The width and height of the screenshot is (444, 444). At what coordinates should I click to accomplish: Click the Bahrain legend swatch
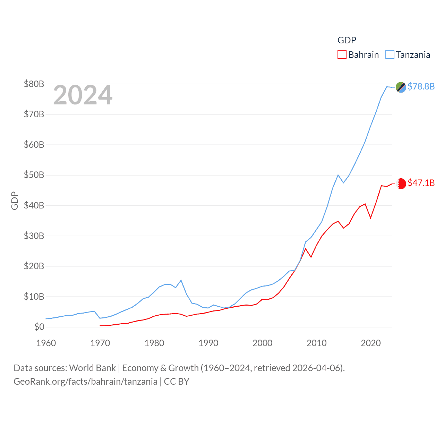coord(342,55)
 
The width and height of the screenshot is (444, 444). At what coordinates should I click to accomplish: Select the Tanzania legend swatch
coord(390,55)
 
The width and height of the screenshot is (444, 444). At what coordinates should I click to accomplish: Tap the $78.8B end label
coord(421,86)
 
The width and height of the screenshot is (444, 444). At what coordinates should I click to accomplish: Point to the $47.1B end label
coord(421,183)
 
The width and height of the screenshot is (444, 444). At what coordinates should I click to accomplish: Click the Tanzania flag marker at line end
coord(401,87)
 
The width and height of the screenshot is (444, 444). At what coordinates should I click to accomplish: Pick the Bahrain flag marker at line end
coord(401,183)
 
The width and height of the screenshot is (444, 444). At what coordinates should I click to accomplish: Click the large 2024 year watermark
coord(83,95)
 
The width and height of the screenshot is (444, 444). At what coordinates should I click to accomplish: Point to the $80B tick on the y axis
coord(34,84)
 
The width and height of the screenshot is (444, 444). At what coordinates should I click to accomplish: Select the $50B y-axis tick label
coord(34,175)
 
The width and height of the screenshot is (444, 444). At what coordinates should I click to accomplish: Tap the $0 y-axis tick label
coord(39,327)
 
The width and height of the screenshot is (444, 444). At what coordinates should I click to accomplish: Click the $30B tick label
coord(34,236)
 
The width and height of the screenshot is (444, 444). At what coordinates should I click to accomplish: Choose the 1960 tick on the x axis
coord(46,343)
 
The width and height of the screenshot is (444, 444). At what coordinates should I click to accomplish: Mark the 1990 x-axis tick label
coord(208,343)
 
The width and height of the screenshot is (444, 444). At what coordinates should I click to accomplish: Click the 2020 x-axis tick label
coord(371,343)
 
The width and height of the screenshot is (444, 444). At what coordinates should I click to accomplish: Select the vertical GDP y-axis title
coord(15,200)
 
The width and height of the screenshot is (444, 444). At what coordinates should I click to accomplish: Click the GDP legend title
coord(347,40)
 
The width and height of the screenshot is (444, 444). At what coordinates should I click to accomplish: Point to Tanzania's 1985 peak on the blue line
coord(181,280)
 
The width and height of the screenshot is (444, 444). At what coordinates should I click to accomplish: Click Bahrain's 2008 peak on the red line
coord(306,249)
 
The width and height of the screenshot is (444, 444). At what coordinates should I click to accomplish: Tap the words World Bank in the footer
coord(92,368)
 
